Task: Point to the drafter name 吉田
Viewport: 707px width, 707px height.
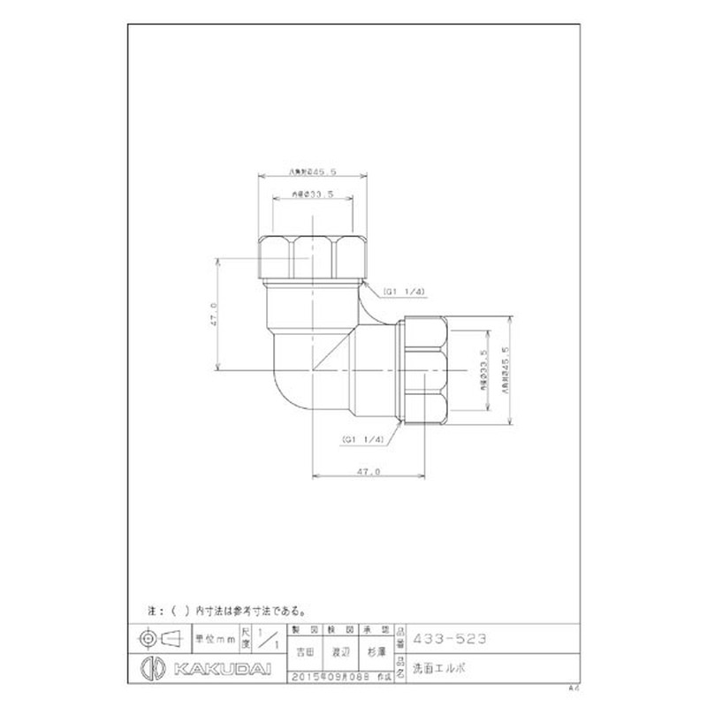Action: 306,651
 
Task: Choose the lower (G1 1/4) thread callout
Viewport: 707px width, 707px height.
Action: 362,439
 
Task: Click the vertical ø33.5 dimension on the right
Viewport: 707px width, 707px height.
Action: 483,371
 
